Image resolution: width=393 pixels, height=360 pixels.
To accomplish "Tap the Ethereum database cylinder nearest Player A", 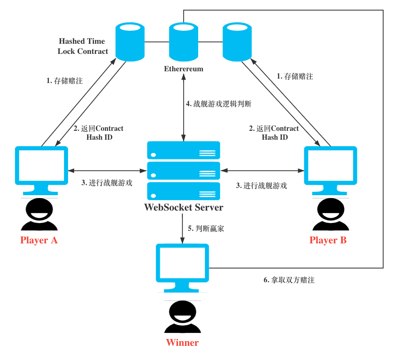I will (130, 42).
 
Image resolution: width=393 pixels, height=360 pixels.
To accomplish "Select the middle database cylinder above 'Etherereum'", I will (184, 42).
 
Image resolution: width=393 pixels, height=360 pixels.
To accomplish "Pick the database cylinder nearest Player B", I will (237, 42).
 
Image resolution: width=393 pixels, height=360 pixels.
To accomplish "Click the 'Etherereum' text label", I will (184, 69).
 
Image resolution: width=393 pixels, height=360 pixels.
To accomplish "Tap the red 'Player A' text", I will (39, 240).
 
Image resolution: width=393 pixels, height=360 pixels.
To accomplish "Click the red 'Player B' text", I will (328, 240).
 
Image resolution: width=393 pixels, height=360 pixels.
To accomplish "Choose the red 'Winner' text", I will (182, 343).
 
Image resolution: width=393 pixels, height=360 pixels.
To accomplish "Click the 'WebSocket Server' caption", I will (184, 207).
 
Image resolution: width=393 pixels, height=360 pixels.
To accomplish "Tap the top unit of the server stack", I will (184, 150).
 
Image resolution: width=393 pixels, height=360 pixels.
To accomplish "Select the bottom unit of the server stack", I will (184, 191).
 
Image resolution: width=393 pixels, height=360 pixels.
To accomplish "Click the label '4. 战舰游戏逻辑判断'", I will (218, 104).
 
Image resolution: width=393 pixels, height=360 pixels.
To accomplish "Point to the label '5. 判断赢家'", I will (206, 228).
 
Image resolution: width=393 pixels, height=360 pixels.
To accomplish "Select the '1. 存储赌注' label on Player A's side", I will (64, 81).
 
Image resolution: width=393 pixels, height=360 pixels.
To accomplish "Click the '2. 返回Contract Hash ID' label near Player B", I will (274, 133).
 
